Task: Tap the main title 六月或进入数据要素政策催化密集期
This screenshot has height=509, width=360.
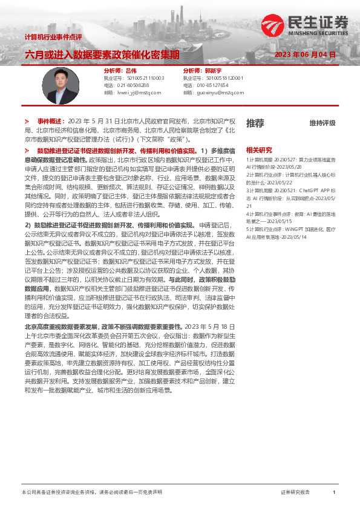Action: click(102, 54)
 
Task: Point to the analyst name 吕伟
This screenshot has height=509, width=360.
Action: click(131, 71)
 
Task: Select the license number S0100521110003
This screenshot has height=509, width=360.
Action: click(144, 79)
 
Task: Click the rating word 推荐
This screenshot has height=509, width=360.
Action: click(255, 123)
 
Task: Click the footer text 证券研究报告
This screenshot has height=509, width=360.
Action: click(295, 493)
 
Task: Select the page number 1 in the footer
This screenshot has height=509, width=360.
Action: click(333, 493)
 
